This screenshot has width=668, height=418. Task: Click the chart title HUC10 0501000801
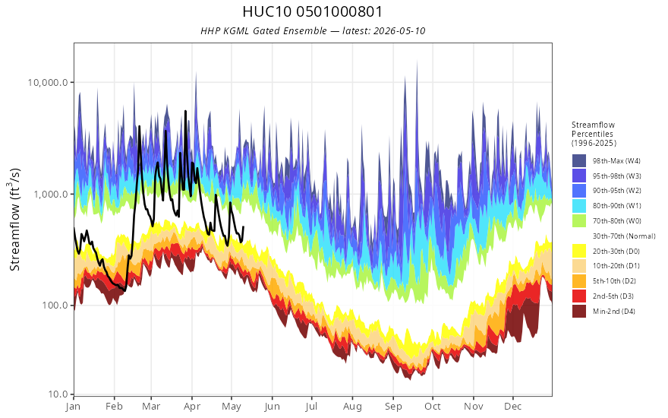pos(313,11)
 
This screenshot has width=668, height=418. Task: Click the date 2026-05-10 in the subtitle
pos(399,31)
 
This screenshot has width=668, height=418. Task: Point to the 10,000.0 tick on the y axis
pos(48,82)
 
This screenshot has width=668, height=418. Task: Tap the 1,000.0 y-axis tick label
pos(51,195)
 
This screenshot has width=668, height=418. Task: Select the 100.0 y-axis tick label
pos(55,306)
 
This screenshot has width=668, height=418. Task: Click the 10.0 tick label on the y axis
pos(58,394)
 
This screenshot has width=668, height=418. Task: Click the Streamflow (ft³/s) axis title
pos(15,220)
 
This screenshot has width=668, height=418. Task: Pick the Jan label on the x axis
pos(73,407)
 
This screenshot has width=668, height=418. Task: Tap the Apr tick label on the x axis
pos(192,407)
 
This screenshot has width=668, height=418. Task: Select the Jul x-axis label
pos(311,407)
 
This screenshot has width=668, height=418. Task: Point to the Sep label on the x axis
pos(393,407)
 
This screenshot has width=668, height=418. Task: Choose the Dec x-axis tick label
pos(513,407)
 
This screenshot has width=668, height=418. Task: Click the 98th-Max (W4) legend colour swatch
pos(579,161)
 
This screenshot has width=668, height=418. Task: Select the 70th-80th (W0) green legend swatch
pos(579,221)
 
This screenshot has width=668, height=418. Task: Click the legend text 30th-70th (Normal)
pos(624,236)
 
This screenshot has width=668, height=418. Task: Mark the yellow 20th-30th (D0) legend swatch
pos(579,251)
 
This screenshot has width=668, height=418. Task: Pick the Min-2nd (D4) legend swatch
pos(579,311)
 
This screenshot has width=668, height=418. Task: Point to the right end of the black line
pos(243,226)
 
